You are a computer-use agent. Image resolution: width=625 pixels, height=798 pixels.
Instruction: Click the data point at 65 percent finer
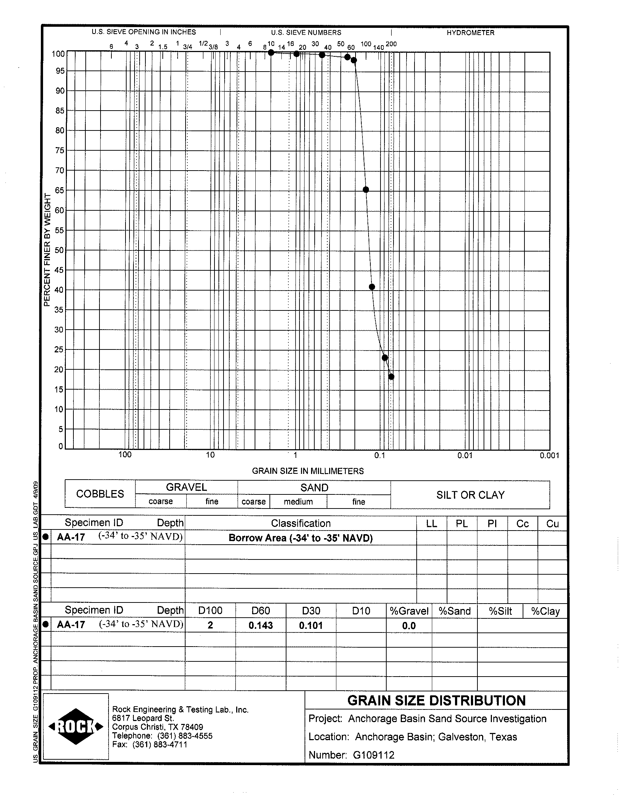coord(366,189)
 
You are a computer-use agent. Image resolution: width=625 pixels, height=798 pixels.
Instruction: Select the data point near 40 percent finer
coord(372,287)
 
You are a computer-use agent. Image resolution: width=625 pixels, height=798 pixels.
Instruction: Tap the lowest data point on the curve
coord(391,377)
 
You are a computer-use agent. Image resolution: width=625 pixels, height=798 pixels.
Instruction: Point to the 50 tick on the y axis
coord(59,250)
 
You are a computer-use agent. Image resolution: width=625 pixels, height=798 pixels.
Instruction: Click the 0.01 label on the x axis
coord(465,455)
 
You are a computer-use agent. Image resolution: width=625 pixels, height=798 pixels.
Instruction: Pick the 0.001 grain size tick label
coord(549,455)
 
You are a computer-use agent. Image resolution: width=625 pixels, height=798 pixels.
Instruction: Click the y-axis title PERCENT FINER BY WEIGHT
coord(47,250)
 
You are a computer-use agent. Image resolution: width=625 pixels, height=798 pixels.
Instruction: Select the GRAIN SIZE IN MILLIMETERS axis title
coord(308,471)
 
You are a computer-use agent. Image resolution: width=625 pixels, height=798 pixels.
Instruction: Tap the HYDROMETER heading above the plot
coord(470,33)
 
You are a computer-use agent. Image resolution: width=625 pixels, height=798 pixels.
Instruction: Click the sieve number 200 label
coord(391,44)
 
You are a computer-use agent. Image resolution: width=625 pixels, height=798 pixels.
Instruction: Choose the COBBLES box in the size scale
coord(100,494)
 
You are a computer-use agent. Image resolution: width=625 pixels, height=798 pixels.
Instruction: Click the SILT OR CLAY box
coord(470,495)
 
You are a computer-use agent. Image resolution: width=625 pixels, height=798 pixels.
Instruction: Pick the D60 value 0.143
coord(260,626)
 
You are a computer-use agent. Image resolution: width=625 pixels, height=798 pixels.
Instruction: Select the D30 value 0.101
coord(311,626)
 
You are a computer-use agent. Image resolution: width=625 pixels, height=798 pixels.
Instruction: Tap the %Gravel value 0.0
coord(409,626)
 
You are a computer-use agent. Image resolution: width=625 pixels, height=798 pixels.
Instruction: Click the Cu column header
coord(552,524)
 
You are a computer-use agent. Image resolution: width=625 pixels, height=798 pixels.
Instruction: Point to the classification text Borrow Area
coord(301,538)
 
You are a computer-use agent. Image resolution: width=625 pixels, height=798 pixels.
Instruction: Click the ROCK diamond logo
coord(76,726)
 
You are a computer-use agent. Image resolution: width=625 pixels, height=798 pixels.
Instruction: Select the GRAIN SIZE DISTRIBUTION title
coord(436,701)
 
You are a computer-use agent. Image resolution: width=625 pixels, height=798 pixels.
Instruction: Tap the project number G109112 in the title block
coord(373,755)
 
